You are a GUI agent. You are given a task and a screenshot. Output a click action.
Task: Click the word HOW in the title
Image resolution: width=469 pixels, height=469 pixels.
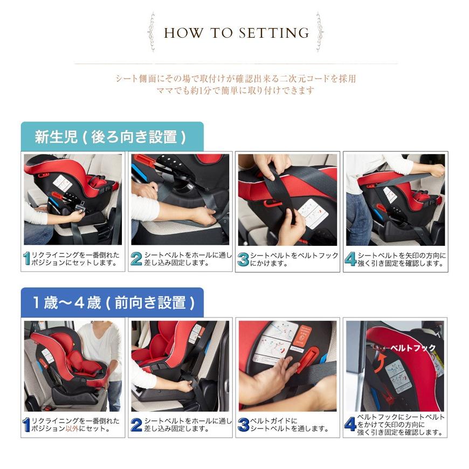pyautogui.click(x=183, y=32)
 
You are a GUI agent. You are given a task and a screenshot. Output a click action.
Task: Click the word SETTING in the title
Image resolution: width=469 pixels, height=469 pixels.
pyautogui.click(x=274, y=32)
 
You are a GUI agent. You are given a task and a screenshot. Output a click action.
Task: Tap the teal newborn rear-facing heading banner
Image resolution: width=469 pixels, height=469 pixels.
pyautogui.click(x=112, y=136)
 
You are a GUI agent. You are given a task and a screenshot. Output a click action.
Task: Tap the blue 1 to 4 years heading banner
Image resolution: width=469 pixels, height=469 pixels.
pyautogui.click(x=112, y=302)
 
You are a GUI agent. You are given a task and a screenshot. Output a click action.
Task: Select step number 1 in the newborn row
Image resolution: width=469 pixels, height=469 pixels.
pyautogui.click(x=27, y=259)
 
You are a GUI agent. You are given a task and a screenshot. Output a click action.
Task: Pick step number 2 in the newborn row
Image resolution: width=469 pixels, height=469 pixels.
pyautogui.click(x=136, y=259)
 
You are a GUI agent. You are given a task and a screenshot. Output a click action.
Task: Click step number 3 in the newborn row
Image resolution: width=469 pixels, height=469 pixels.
pyautogui.click(x=243, y=259)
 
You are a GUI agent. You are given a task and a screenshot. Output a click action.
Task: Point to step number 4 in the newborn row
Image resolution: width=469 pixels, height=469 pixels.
pyautogui.click(x=350, y=259)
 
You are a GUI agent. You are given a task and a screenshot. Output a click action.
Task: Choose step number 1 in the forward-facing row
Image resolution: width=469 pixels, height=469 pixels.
pyautogui.click(x=26, y=425)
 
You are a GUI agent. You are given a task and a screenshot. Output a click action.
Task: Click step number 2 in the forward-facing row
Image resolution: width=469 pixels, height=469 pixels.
pyautogui.click(x=136, y=425)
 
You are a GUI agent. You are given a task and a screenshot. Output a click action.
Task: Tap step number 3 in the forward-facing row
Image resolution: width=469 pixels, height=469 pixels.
pyautogui.click(x=244, y=425)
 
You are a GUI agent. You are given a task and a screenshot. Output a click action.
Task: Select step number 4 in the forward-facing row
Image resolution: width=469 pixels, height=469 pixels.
pyautogui.click(x=350, y=425)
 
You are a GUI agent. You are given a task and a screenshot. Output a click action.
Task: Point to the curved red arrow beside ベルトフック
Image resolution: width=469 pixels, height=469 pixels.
pyautogui.click(x=381, y=362)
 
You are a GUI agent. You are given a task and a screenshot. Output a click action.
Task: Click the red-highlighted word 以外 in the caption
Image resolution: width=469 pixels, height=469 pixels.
pyautogui.click(x=72, y=429)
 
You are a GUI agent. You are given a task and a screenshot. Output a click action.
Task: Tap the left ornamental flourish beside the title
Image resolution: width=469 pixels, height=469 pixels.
pyautogui.click(x=152, y=31)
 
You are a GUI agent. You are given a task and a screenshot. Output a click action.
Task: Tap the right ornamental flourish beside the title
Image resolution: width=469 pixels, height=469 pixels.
pyautogui.click(x=319, y=31)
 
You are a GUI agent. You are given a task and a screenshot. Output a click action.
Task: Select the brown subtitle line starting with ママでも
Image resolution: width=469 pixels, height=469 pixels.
pyautogui.click(x=236, y=91)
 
